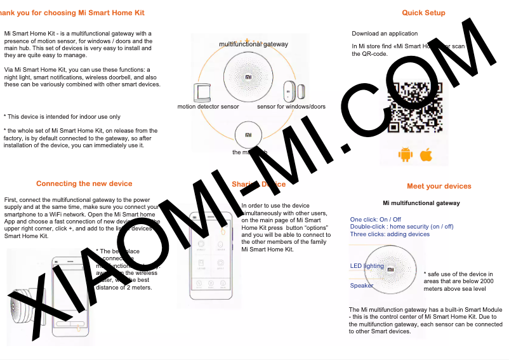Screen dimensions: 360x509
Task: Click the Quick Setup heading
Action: coord(423,13)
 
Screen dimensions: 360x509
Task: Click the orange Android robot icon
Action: coord(405,154)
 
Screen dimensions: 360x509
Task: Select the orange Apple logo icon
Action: coord(426,154)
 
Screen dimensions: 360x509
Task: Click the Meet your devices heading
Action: coord(439,186)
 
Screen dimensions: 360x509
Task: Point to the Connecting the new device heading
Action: coord(84,183)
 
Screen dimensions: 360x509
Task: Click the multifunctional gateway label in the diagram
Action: coord(253,44)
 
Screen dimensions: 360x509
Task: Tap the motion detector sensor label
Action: coord(208,107)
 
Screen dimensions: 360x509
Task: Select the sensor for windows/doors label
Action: coord(291,107)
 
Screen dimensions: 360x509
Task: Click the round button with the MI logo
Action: coord(248,135)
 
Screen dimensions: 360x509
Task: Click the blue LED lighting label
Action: coord(367,266)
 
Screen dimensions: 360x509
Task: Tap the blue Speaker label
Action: coord(362,286)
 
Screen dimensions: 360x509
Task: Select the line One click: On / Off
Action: coord(376,220)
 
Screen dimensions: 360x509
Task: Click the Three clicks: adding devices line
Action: coord(390,234)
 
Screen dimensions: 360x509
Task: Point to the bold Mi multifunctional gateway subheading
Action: coord(421,203)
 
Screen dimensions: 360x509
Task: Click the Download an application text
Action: coord(385,34)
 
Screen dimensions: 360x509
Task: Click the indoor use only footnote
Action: coord(62,117)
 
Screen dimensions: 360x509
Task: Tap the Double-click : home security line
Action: coord(402,227)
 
